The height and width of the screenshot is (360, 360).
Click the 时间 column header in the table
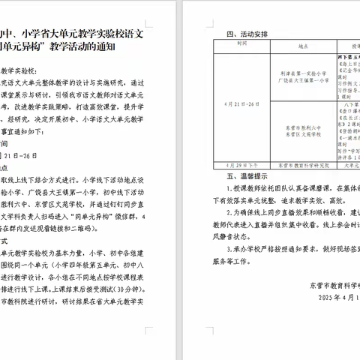click(x=241, y=44)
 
